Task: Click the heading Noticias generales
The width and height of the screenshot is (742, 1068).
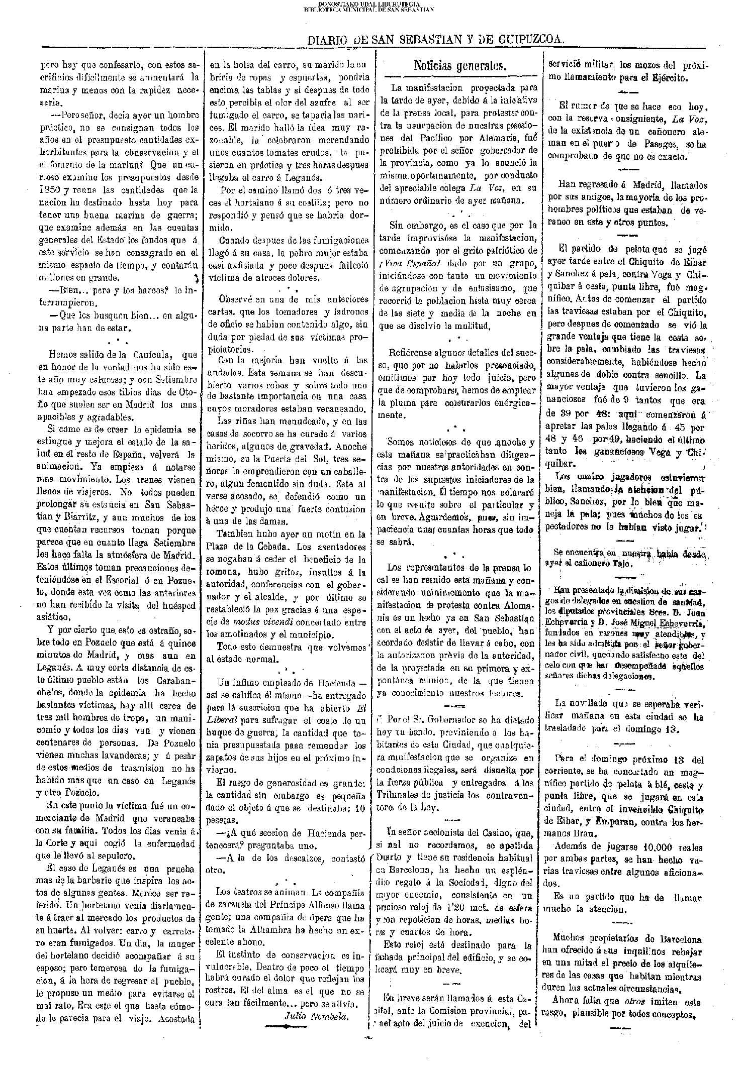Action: [x=460, y=66]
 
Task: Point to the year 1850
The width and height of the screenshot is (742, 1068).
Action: [x=51, y=190]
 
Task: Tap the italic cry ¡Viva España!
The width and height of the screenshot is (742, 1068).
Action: [x=411, y=264]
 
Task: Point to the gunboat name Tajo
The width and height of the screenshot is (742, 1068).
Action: [x=610, y=563]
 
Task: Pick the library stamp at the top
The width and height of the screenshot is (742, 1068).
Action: [x=369, y=7]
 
